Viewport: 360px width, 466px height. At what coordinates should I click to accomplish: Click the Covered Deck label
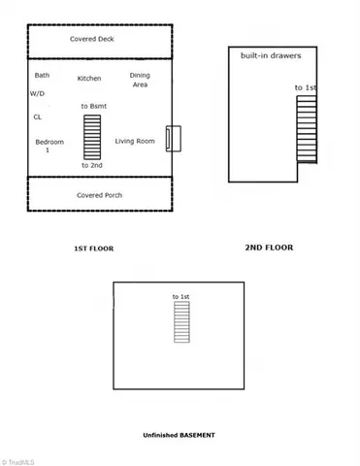click(91, 40)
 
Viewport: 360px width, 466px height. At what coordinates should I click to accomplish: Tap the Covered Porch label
click(99, 195)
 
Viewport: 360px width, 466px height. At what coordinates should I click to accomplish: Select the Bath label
click(42, 75)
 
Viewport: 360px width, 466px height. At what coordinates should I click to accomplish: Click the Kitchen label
click(89, 78)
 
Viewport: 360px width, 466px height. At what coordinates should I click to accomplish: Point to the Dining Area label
click(140, 80)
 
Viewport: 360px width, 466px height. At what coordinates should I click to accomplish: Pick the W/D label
click(37, 94)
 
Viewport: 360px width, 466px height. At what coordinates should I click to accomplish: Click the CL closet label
click(37, 116)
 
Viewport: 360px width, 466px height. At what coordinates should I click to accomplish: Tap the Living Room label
click(135, 142)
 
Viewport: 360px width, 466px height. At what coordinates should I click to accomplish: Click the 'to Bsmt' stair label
click(93, 105)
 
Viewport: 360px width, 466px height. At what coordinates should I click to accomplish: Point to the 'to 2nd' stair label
click(92, 166)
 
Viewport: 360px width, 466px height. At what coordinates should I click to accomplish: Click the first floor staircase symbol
click(92, 137)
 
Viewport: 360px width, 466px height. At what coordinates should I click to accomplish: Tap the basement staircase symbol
click(181, 320)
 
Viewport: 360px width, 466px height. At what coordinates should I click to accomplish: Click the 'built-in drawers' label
click(271, 56)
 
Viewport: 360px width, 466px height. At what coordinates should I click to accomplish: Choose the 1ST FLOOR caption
click(94, 250)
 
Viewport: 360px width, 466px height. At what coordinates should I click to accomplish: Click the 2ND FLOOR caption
click(269, 248)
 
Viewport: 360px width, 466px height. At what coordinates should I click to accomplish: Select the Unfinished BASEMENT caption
click(179, 435)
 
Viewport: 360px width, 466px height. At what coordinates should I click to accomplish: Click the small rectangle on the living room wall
click(172, 138)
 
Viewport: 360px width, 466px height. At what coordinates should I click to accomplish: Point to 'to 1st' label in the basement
click(181, 295)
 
